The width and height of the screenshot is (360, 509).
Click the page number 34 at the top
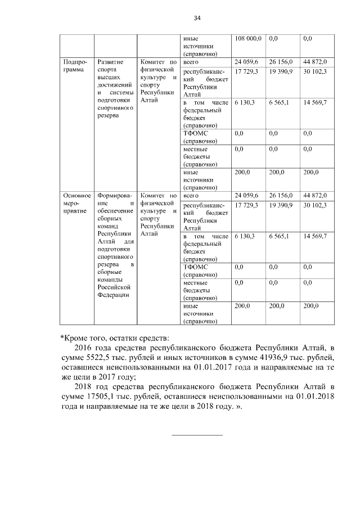[x=197, y=18]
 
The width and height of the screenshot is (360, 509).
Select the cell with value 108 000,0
[x=247, y=39]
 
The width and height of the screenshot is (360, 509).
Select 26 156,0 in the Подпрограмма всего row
[x=281, y=61]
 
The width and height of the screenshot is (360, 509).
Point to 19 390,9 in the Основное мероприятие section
[x=281, y=206]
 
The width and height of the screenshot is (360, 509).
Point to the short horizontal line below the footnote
[x=197, y=435]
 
